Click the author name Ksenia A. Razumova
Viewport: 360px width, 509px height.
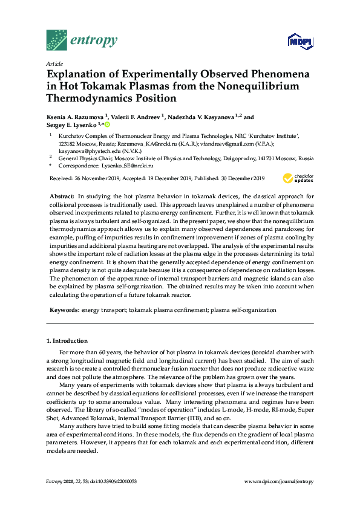coord(75,117)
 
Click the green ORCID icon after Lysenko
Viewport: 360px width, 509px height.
coord(108,125)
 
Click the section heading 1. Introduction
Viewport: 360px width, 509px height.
coord(67,341)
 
